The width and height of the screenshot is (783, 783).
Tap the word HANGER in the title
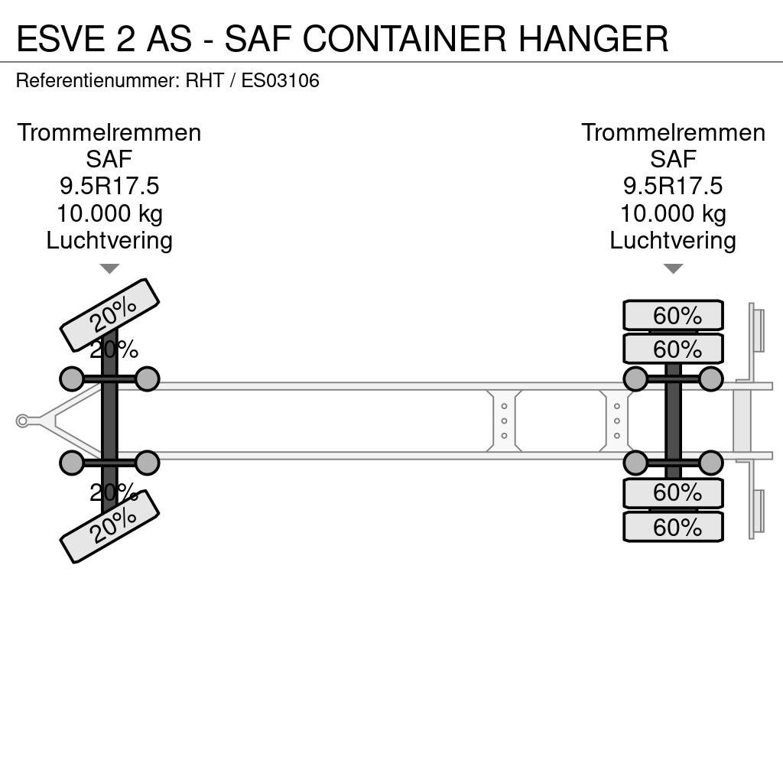click(593, 38)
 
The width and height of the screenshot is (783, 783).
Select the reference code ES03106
click(280, 80)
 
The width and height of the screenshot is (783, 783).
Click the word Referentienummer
click(97, 80)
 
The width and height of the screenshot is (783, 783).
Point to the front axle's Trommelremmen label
click(109, 133)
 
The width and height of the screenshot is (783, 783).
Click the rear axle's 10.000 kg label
click(673, 213)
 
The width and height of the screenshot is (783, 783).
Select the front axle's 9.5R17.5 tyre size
click(109, 187)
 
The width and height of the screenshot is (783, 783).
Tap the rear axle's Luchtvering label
click(673, 240)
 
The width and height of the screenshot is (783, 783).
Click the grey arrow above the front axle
click(109, 268)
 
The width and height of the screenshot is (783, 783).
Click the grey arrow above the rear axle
click(673, 268)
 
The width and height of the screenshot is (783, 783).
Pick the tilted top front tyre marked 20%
click(109, 314)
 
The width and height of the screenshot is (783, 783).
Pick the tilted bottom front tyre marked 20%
click(109, 526)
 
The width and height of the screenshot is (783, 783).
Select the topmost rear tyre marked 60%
click(673, 315)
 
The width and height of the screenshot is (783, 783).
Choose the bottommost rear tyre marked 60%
click(673, 527)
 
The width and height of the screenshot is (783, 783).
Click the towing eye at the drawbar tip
click(22, 421)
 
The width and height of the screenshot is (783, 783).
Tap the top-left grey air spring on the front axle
click(72, 379)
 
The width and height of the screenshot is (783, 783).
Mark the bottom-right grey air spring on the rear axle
click(710, 463)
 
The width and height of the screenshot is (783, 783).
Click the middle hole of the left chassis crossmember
click(504, 421)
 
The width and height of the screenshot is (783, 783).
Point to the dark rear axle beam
click(673, 421)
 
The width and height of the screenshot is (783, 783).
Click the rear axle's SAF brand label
click(673, 159)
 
